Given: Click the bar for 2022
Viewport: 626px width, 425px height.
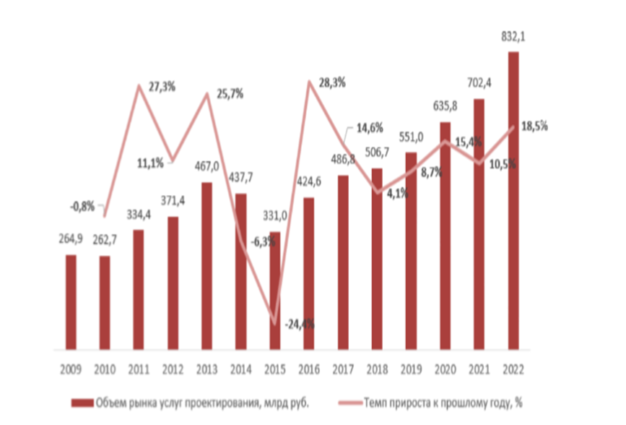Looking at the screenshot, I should (513, 202).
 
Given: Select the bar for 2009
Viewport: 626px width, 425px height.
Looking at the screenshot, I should (71, 304).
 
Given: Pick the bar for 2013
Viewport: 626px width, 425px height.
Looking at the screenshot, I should (207, 267).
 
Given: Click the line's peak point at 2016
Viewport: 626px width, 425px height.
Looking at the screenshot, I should (309, 82).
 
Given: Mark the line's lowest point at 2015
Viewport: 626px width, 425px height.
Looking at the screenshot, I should (275, 322).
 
